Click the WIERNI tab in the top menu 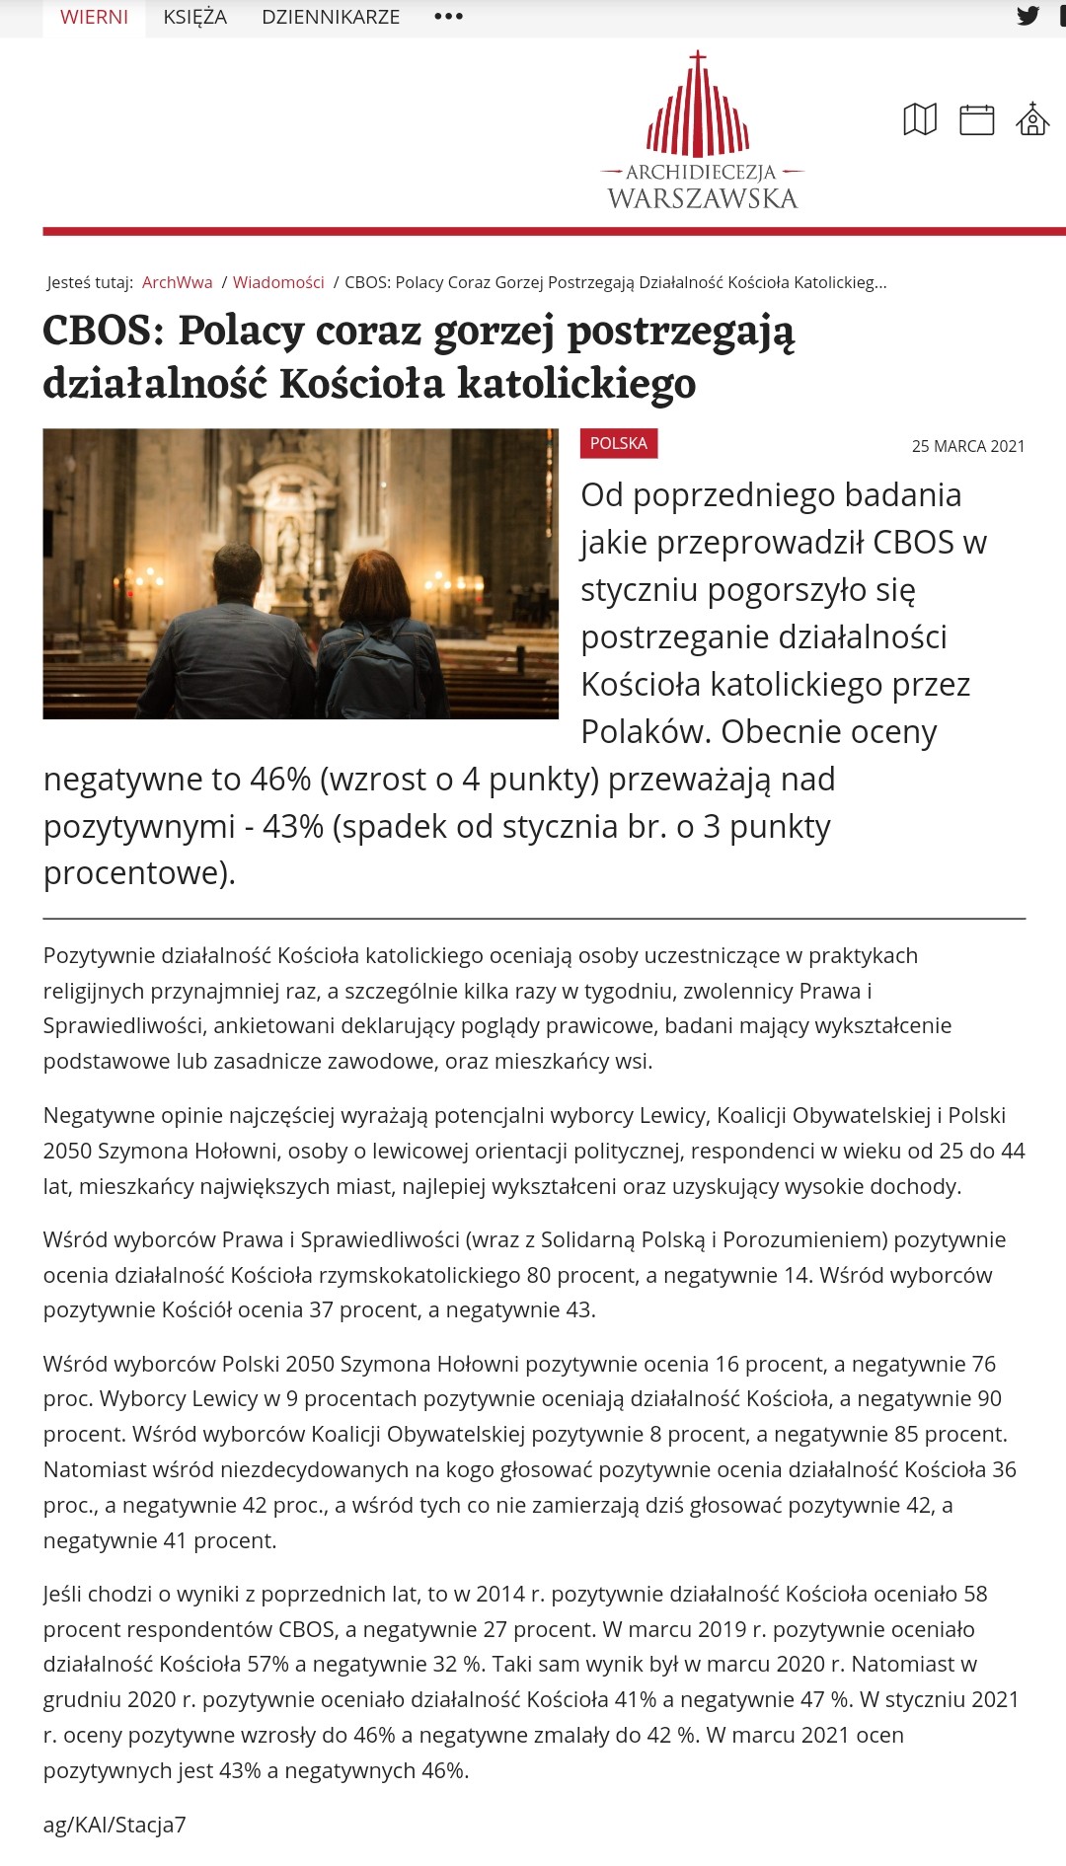(94, 17)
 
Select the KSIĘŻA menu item (194, 17)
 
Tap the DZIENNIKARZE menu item (331, 17)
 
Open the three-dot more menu (448, 17)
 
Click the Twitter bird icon (1028, 16)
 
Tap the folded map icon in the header (920, 119)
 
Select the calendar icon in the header (976, 119)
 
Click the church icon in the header (1032, 119)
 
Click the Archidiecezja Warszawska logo (701, 133)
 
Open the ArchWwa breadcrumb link (177, 282)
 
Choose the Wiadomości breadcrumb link (278, 282)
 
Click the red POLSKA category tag (619, 443)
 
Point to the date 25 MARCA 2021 (967, 446)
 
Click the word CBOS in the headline (103, 331)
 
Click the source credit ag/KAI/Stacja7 (114, 1825)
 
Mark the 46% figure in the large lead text (280, 780)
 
